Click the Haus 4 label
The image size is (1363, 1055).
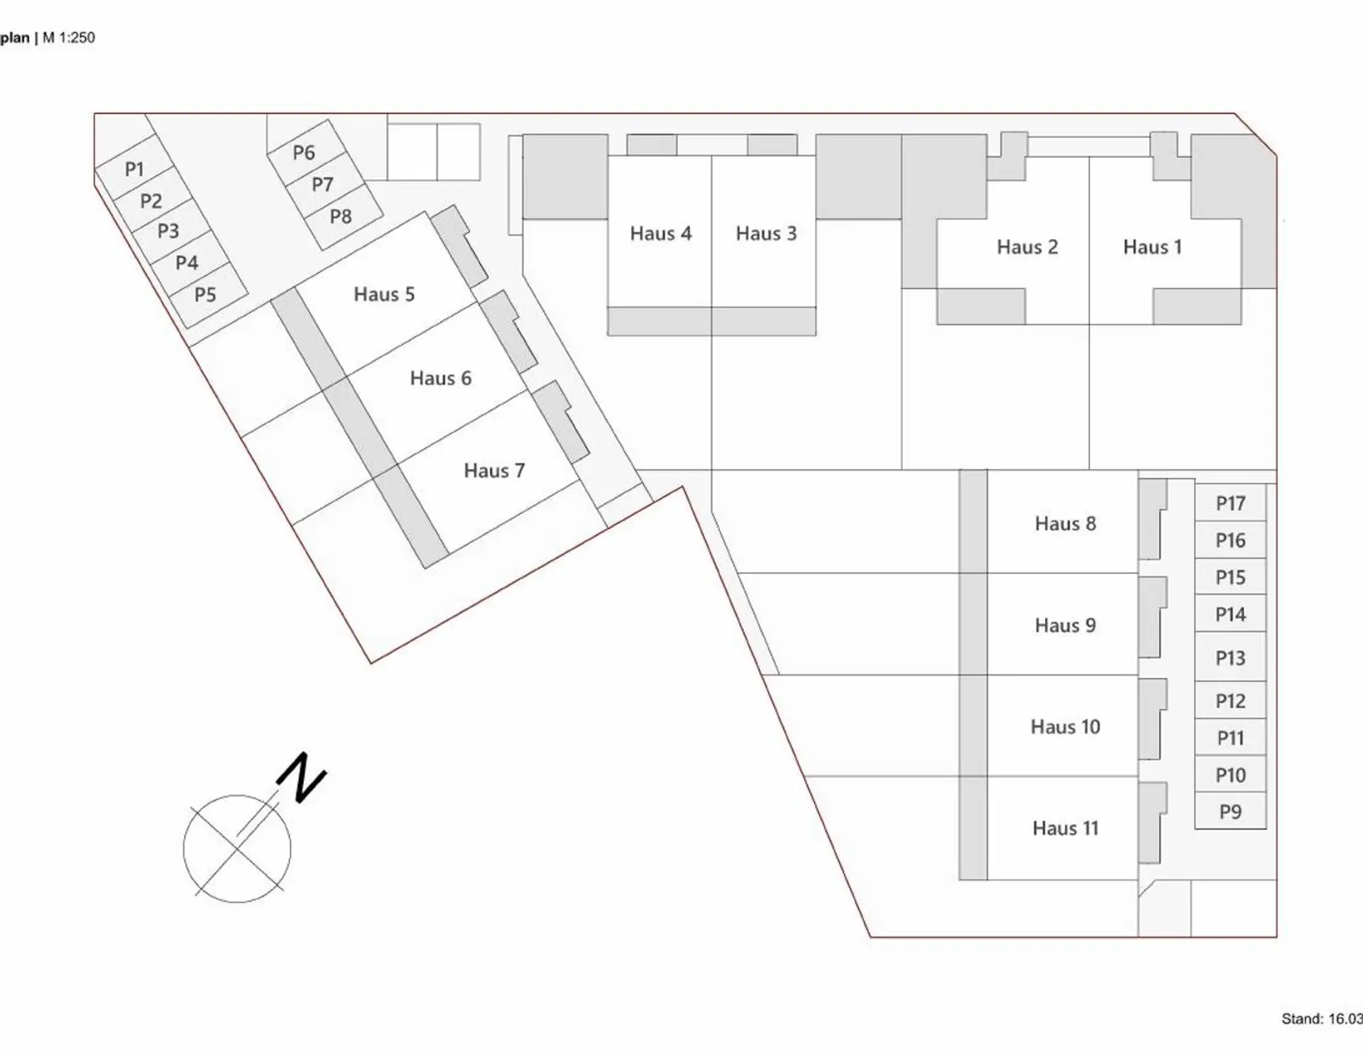660,234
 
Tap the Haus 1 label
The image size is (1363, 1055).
1152,247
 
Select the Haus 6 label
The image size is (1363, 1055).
440,378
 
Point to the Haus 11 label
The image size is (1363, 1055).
1065,829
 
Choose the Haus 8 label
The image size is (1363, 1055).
1065,524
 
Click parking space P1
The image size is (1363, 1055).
134,169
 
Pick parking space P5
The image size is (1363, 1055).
205,295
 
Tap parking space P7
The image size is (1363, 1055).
322,185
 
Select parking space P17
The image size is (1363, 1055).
1230,503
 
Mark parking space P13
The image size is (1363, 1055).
1230,658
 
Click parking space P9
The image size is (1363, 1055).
1230,811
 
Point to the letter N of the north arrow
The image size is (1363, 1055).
302,777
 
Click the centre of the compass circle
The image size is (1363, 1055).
237,848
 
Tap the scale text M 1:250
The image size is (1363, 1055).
69,38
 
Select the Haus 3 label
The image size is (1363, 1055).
766,234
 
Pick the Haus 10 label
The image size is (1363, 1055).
1065,727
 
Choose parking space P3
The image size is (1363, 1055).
168,231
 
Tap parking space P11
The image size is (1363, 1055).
1230,738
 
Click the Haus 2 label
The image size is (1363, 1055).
1027,247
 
